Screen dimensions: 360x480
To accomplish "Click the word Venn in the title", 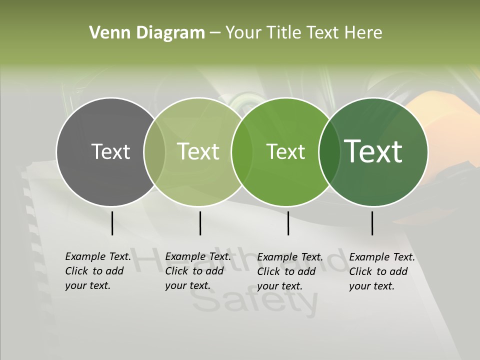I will (105, 33).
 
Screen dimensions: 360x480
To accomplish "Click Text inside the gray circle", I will (110, 151).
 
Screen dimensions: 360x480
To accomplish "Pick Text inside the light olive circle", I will (198, 151).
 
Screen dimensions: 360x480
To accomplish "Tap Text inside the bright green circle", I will (285, 151).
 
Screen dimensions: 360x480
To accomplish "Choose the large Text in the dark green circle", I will (373, 151).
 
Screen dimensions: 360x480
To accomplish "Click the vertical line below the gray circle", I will (112, 223).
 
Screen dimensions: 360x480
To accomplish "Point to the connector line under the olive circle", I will (200, 223).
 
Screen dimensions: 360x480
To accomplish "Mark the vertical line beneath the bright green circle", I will (288, 223).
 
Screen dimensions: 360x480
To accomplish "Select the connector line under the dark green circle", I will (372, 223).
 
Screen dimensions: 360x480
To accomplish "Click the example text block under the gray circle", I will (97, 271).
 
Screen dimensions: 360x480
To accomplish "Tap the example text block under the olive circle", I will (197, 271).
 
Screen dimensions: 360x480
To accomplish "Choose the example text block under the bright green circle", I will (289, 271).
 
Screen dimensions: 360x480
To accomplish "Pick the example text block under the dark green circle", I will (381, 271).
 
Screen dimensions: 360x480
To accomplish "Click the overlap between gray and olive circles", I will (154, 152).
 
